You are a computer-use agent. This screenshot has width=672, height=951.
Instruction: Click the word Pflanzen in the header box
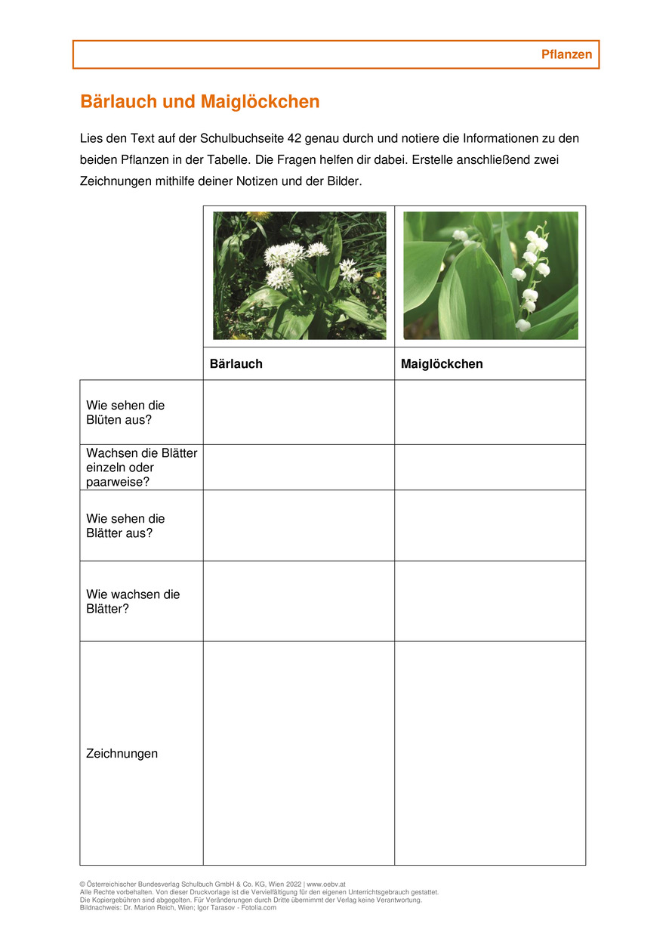click(566, 54)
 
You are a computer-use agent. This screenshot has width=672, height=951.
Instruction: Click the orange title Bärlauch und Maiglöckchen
click(200, 102)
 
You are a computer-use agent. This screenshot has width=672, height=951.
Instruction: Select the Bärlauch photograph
click(299, 276)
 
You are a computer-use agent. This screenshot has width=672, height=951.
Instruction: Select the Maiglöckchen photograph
click(490, 276)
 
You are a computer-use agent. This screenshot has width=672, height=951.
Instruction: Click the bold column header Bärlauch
click(236, 364)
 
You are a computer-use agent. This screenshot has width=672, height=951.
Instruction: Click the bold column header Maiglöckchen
click(442, 364)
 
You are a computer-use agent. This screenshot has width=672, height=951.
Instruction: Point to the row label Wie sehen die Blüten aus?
click(125, 412)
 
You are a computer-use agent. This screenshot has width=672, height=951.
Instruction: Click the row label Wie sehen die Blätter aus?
click(125, 526)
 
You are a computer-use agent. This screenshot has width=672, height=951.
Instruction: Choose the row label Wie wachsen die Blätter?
click(133, 601)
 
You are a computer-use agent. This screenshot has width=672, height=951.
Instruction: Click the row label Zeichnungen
click(122, 753)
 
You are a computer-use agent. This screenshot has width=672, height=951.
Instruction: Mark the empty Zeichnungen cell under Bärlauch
click(299, 753)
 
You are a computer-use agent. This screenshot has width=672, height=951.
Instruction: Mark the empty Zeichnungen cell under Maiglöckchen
click(490, 753)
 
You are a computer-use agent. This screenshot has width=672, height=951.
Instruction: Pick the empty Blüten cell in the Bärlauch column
click(299, 412)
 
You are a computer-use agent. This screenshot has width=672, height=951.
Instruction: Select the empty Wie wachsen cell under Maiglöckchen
click(490, 601)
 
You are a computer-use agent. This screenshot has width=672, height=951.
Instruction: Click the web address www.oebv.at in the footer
click(326, 884)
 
